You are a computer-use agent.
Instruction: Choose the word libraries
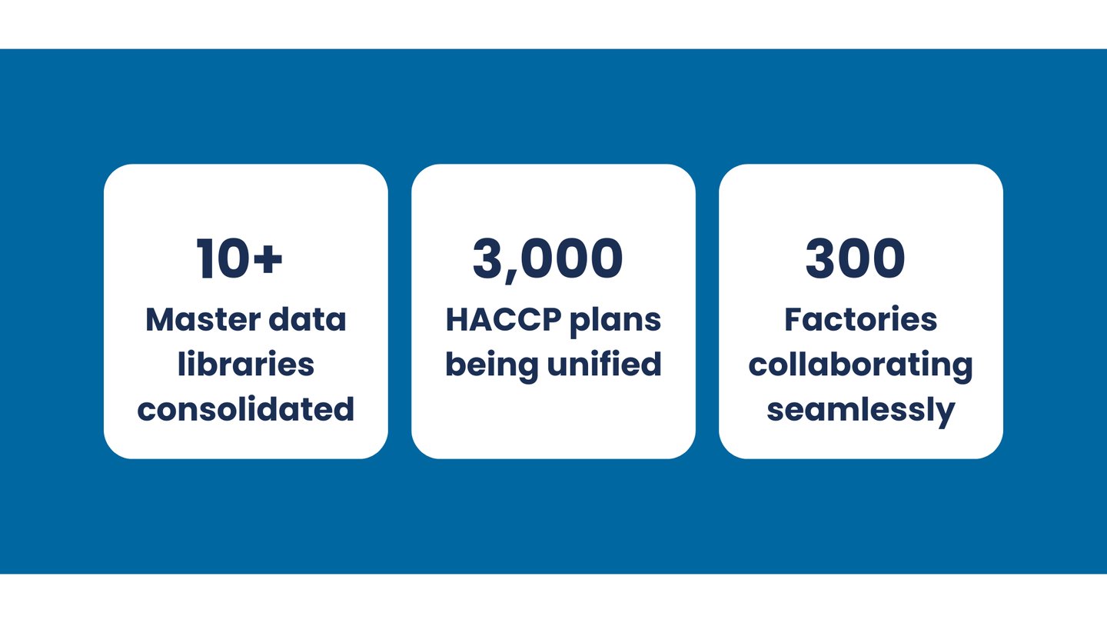[x=246, y=364]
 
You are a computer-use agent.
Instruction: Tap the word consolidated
[x=246, y=408]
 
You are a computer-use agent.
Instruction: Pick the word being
[x=492, y=365]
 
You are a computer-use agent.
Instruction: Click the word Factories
[x=860, y=319]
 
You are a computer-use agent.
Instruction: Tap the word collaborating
[x=860, y=365]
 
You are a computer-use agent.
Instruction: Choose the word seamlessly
[x=860, y=410]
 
